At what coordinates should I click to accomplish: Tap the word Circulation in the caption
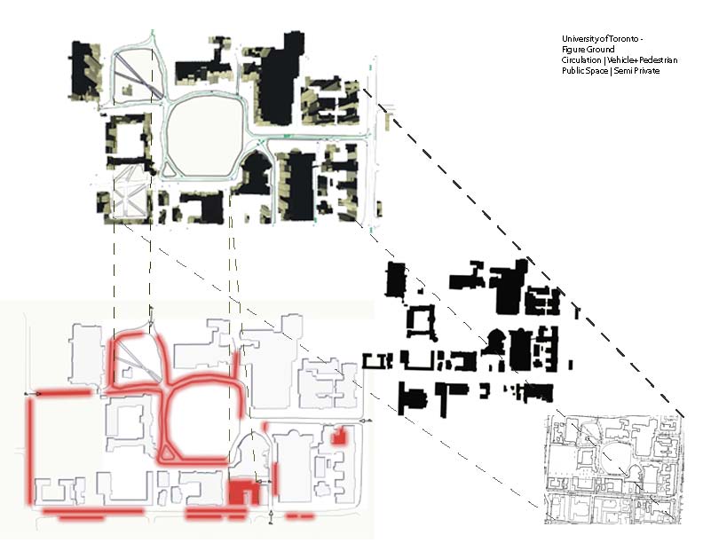(581, 59)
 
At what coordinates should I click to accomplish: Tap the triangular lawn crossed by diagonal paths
(133, 75)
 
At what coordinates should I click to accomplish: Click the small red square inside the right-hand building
(337, 437)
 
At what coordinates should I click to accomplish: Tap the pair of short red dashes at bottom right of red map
(298, 515)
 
